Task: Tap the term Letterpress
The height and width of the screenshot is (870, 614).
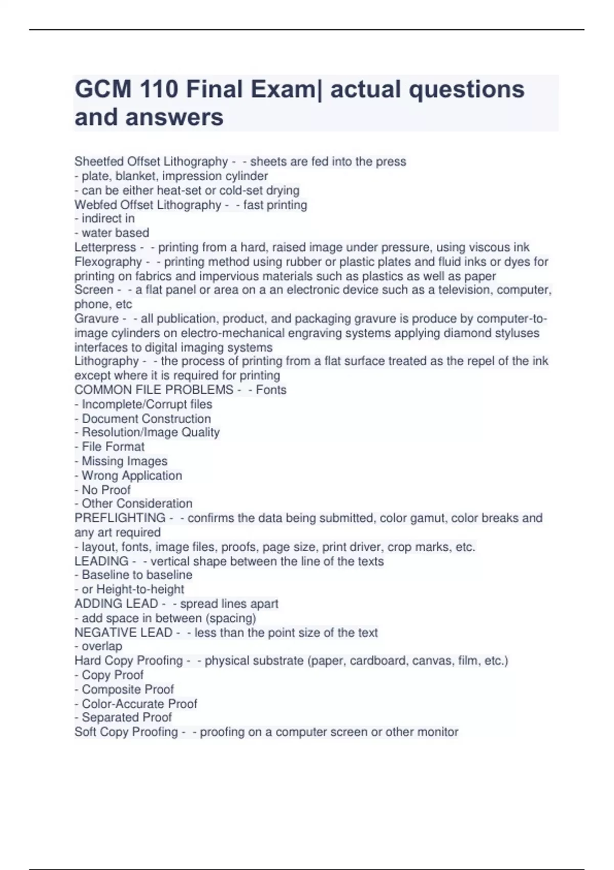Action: pos(105,248)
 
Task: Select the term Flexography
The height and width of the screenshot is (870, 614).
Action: pos(108,262)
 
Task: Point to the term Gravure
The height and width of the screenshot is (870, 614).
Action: pos(97,319)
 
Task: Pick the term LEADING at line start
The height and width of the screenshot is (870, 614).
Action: pos(101,561)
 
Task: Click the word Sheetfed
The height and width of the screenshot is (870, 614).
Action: pos(99,162)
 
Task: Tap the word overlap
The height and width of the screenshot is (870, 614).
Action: pos(102,646)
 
